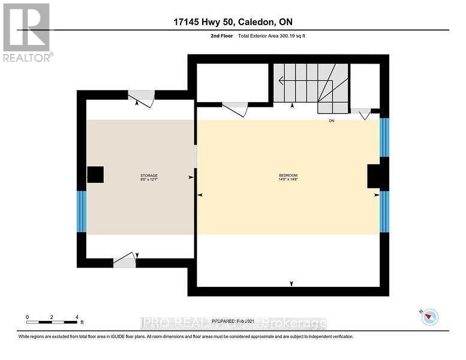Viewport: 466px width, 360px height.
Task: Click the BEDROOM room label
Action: coord(287,175)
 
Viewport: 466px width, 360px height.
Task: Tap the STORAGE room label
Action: coord(140,175)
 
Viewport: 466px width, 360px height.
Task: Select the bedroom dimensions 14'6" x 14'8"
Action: coord(287,179)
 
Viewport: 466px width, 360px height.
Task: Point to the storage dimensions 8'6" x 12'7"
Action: coord(140,179)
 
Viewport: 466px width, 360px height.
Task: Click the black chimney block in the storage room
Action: coord(95,175)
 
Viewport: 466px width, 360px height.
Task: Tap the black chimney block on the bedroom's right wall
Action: coord(374,176)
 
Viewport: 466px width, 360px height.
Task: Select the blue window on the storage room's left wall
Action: coord(82,211)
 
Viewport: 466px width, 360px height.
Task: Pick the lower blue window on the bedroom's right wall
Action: coord(384,212)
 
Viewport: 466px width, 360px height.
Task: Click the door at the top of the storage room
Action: coord(142,98)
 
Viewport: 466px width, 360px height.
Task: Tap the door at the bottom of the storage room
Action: coord(125,260)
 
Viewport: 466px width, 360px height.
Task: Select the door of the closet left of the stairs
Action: coord(234,109)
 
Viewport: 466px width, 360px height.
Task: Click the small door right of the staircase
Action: coord(361,113)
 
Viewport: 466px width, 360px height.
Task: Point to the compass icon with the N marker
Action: coord(429,317)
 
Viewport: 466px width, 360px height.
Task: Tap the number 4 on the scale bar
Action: coord(77,317)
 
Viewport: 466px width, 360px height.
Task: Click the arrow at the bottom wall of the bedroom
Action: coord(291,283)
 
